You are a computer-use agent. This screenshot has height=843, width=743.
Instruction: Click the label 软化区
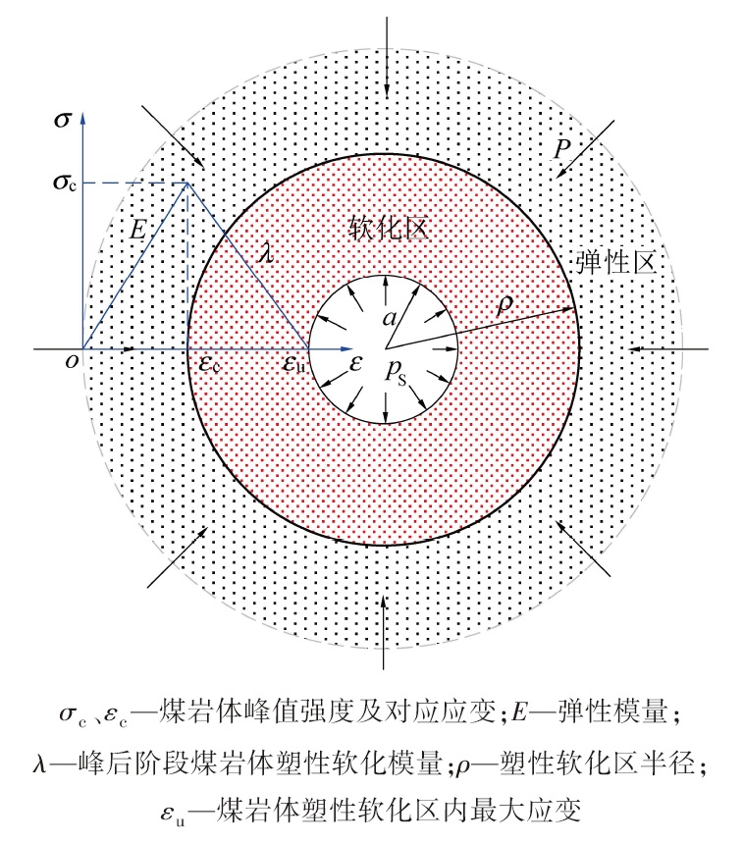tap(389, 230)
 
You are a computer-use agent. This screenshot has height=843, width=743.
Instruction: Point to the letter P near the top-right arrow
tap(561, 149)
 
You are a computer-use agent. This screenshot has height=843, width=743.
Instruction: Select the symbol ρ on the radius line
tap(504, 305)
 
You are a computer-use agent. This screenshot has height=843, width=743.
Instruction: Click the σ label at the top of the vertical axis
tap(62, 122)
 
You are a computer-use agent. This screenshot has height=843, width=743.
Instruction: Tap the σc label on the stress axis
tap(64, 184)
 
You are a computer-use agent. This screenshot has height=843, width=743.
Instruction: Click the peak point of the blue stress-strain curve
tap(187, 183)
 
